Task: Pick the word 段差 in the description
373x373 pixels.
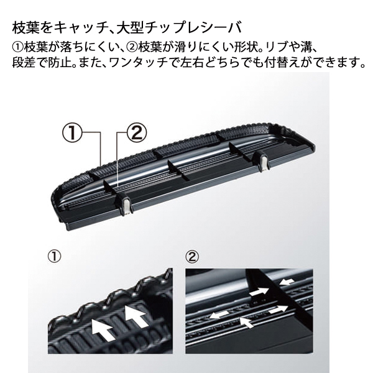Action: [23, 63]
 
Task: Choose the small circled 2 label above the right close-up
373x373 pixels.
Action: [193, 256]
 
